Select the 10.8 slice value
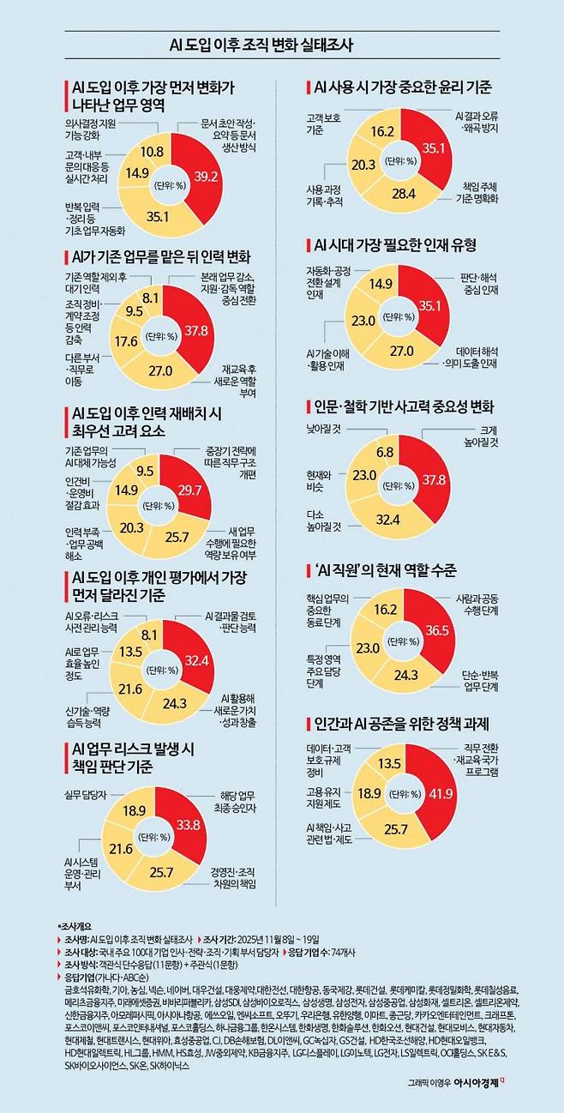(x=152, y=151)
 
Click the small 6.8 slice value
(x=385, y=452)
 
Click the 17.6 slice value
(x=127, y=340)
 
